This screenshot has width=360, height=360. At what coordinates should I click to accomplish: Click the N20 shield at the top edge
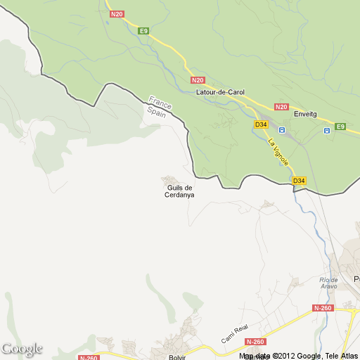[x=117, y=13]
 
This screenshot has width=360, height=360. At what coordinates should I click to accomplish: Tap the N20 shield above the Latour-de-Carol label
[x=198, y=80]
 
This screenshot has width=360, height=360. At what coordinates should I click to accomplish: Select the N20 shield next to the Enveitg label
[x=281, y=107]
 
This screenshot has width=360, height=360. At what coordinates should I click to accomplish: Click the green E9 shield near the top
[x=143, y=31]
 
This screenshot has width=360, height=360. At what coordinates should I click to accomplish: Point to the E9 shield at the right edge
[x=340, y=127]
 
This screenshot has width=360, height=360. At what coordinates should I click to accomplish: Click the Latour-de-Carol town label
[x=220, y=92]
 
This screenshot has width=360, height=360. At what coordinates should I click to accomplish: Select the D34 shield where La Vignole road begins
[x=261, y=124]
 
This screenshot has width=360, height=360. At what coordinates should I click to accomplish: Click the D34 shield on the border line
[x=300, y=181]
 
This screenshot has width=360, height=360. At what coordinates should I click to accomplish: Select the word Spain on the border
[x=155, y=111]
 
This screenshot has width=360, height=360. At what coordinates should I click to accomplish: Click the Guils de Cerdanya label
[x=180, y=191]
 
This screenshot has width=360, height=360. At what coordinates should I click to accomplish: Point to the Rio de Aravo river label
[x=328, y=283]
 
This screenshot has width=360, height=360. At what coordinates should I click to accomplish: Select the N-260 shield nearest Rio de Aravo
[x=322, y=308]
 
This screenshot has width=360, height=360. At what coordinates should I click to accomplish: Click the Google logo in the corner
[x=22, y=349]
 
